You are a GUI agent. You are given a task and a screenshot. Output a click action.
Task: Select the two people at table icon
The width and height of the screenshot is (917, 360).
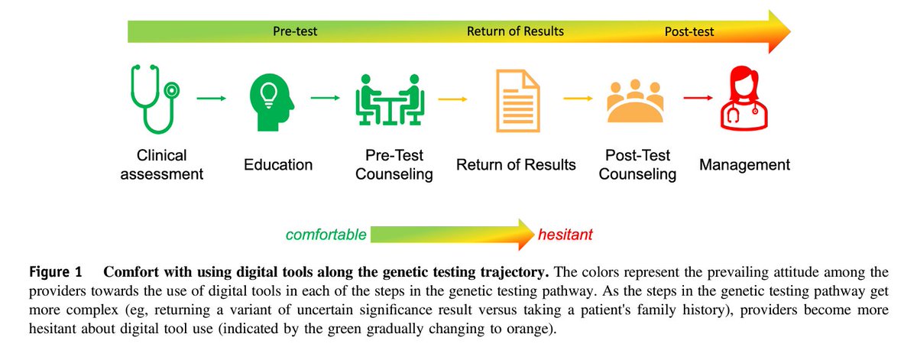[x=389, y=99]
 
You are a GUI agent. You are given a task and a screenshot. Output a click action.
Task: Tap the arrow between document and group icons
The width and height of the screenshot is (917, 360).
[x=579, y=98]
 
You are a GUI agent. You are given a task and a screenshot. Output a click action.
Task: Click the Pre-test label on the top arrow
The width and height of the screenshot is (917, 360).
[x=295, y=31]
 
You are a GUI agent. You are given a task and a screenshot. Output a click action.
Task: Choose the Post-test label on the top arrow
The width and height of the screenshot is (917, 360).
[x=689, y=31]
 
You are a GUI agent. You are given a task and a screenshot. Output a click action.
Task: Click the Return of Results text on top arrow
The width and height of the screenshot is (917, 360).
[x=515, y=31]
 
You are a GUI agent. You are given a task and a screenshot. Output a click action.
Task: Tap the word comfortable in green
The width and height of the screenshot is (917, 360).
[x=326, y=235]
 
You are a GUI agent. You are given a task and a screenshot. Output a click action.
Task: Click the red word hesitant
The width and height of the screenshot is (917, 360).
[x=565, y=235]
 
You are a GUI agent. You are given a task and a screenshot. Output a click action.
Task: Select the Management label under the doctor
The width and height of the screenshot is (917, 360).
[x=744, y=164]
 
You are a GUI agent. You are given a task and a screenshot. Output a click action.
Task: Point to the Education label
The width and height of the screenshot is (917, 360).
[x=278, y=164]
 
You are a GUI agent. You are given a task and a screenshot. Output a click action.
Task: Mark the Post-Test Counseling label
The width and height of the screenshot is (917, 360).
[x=637, y=164]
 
